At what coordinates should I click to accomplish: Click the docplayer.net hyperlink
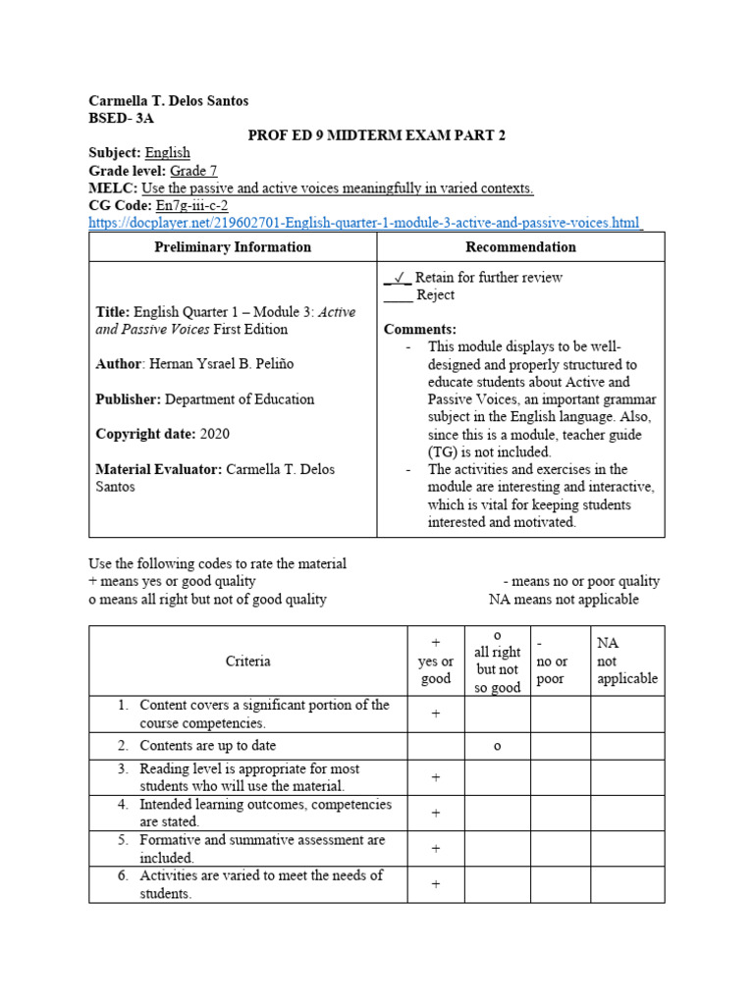pos(364,223)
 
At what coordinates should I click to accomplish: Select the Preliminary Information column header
pos(233,247)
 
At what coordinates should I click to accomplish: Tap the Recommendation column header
pos(520,247)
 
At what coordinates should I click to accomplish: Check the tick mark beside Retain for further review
pos(398,278)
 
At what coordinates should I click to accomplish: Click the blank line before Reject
pos(398,295)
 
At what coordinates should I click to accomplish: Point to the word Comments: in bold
pos(419,330)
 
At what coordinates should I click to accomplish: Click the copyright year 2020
pos(214,434)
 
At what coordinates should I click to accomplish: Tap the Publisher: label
pos(128,399)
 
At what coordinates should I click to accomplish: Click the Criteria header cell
pos(247,661)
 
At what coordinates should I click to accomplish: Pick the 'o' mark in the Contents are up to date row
pos(497,746)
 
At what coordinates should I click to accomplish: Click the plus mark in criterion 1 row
pos(435,714)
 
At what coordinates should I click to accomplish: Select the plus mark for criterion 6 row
pos(435,884)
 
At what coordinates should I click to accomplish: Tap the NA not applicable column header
pos(626,661)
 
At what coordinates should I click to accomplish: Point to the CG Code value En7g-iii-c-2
pos(191,206)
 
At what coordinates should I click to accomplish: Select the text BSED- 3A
pos(121,118)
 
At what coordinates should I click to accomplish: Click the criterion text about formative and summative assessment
pos(261,849)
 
